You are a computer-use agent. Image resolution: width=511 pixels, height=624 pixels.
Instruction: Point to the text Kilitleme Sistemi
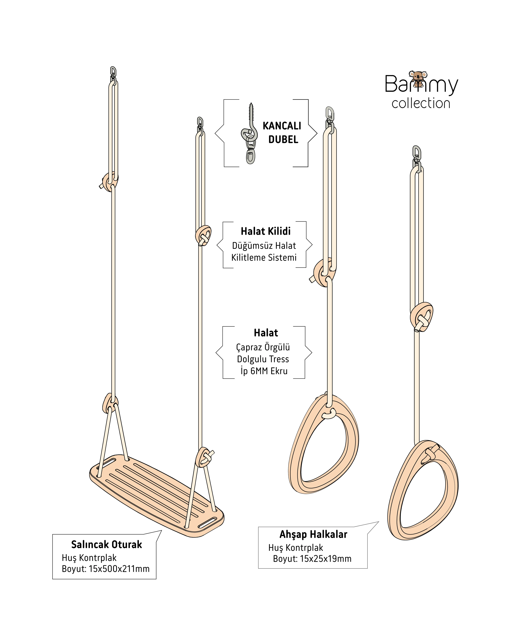click(x=264, y=258)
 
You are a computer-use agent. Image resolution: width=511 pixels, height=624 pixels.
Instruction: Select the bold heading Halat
click(x=266, y=333)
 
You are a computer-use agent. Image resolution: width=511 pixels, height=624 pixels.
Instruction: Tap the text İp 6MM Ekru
click(x=264, y=371)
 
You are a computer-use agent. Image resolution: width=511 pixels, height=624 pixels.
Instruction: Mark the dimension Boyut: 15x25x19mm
click(x=312, y=559)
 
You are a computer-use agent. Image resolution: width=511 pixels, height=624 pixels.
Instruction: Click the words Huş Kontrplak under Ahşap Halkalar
click(x=296, y=548)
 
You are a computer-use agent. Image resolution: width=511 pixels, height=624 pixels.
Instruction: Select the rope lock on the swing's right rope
click(x=203, y=235)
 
